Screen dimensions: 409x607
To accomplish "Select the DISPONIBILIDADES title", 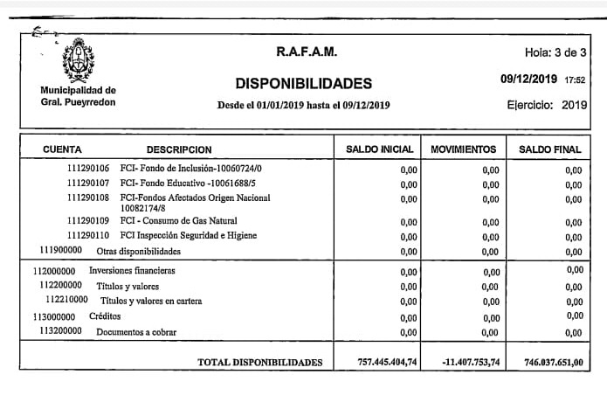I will tap(303, 84).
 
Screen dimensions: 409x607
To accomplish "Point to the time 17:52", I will tap(575, 80).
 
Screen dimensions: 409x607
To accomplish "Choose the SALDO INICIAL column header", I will tap(379, 150).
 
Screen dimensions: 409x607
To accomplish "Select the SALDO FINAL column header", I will tap(549, 150).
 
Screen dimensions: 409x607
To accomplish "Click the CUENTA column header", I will tap(62, 149).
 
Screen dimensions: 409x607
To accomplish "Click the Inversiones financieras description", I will tap(132, 271).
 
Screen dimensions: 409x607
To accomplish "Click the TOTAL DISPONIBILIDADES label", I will tap(260, 362).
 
